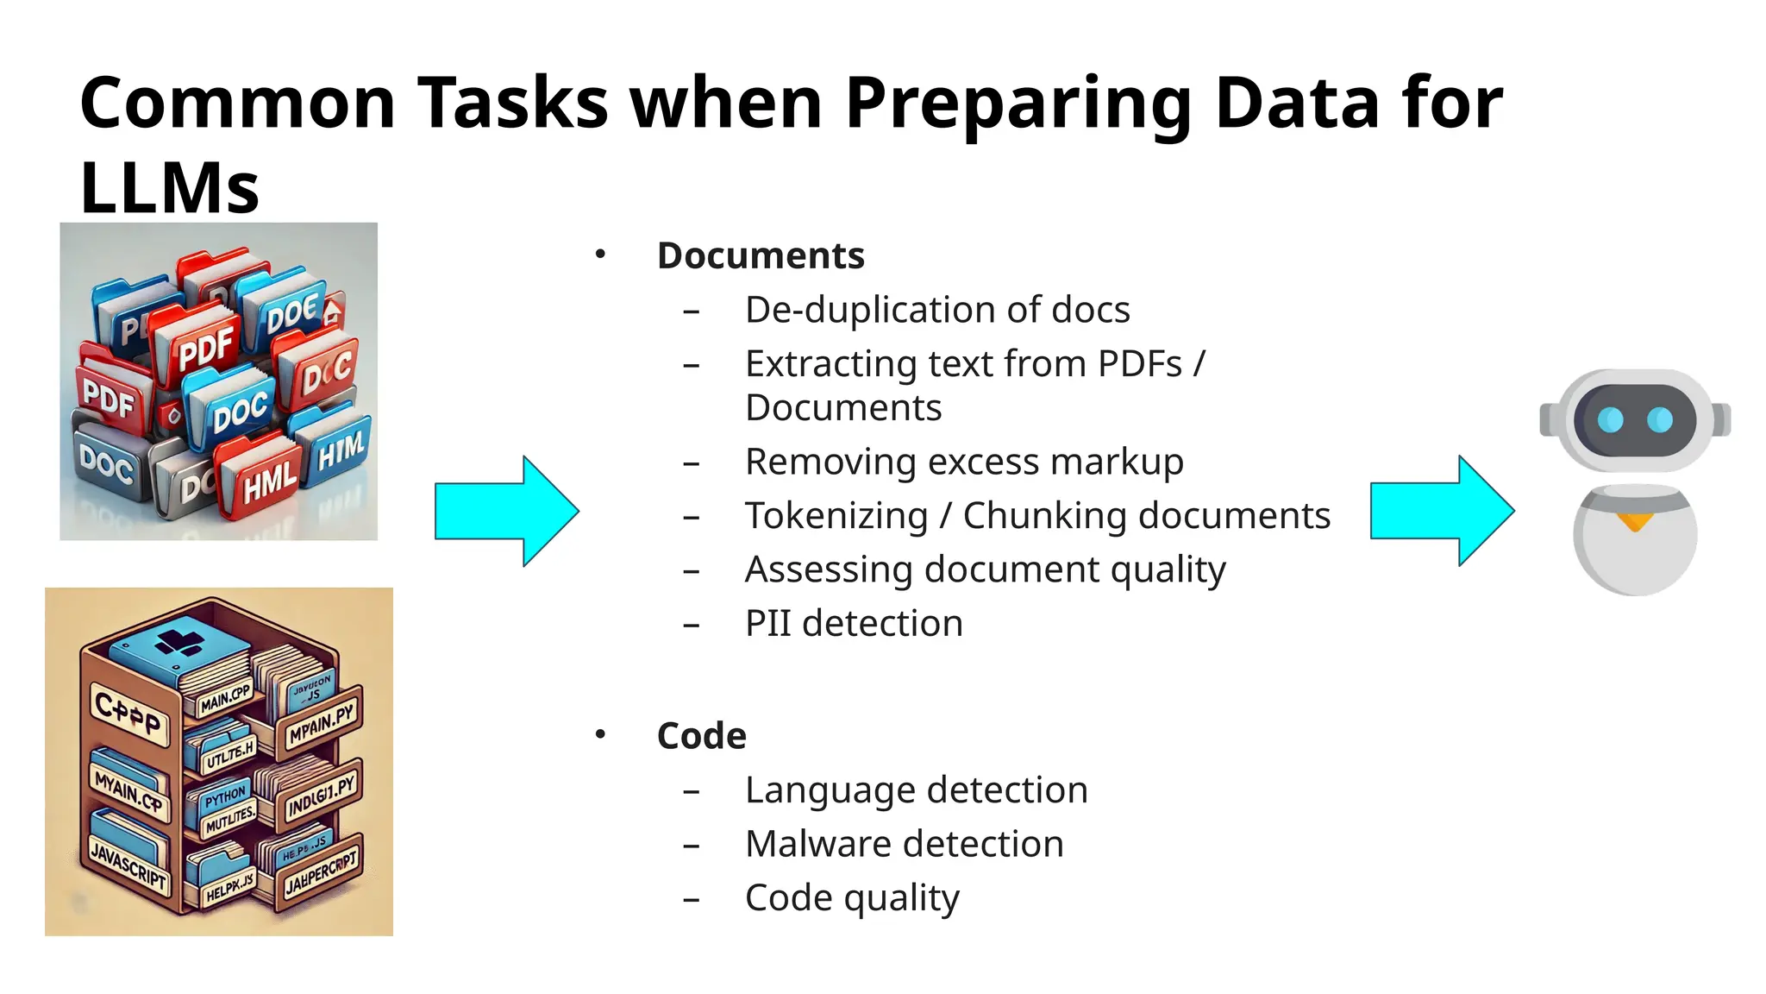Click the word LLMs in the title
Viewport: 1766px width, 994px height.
pos(169,188)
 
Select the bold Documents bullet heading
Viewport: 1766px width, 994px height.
pos(761,256)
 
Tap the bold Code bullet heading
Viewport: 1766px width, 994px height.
pos(701,736)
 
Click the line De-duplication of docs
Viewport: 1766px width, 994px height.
pos(936,310)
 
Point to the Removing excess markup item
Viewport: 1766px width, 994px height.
pos(963,462)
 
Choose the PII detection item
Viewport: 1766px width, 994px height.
pos(853,623)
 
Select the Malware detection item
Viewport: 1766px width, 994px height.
pos(904,844)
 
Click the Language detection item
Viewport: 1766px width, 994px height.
pos(916,790)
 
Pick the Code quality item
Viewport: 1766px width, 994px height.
pos(851,898)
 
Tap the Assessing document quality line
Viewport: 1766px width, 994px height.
pos(985,569)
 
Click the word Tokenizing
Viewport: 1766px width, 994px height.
pos(836,516)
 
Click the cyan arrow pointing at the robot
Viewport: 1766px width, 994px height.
pos(1441,511)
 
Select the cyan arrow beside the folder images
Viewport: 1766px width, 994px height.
pos(506,512)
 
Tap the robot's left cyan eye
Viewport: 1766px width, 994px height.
pos(1609,420)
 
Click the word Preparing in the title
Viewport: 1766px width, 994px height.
pos(1018,104)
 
